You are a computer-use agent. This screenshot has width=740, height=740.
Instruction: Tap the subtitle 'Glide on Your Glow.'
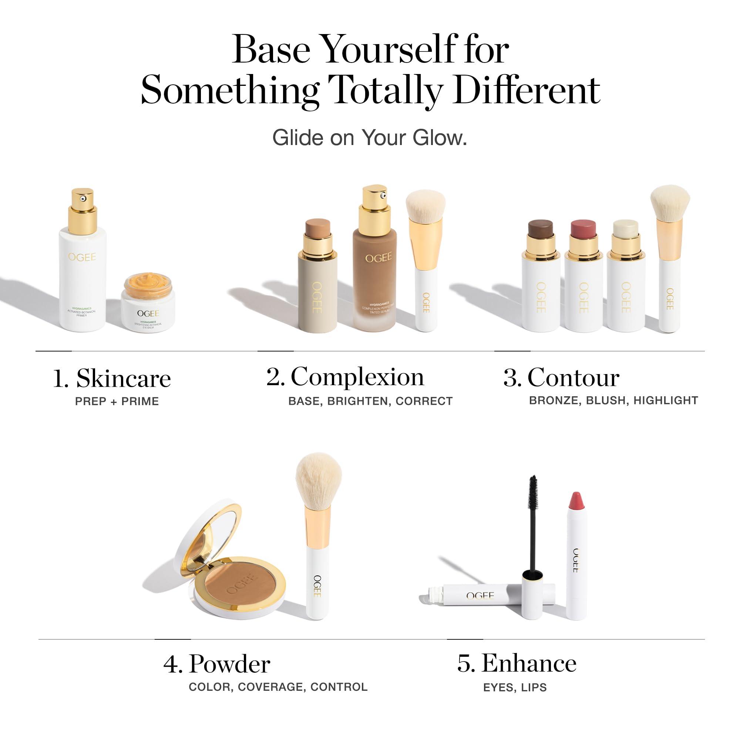coord(370,138)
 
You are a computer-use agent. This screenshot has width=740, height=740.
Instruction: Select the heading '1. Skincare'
coord(112,379)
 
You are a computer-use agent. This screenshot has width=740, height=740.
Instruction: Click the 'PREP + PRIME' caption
coord(117,401)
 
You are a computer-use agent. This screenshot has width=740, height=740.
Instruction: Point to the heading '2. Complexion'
coord(346,377)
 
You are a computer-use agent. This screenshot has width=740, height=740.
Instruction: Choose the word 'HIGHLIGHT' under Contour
coord(665,401)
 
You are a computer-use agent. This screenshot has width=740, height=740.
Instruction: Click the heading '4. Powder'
coord(217,664)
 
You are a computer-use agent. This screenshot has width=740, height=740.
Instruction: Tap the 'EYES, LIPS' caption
coord(515,687)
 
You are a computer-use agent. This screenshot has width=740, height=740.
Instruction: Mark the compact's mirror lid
coord(207,536)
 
